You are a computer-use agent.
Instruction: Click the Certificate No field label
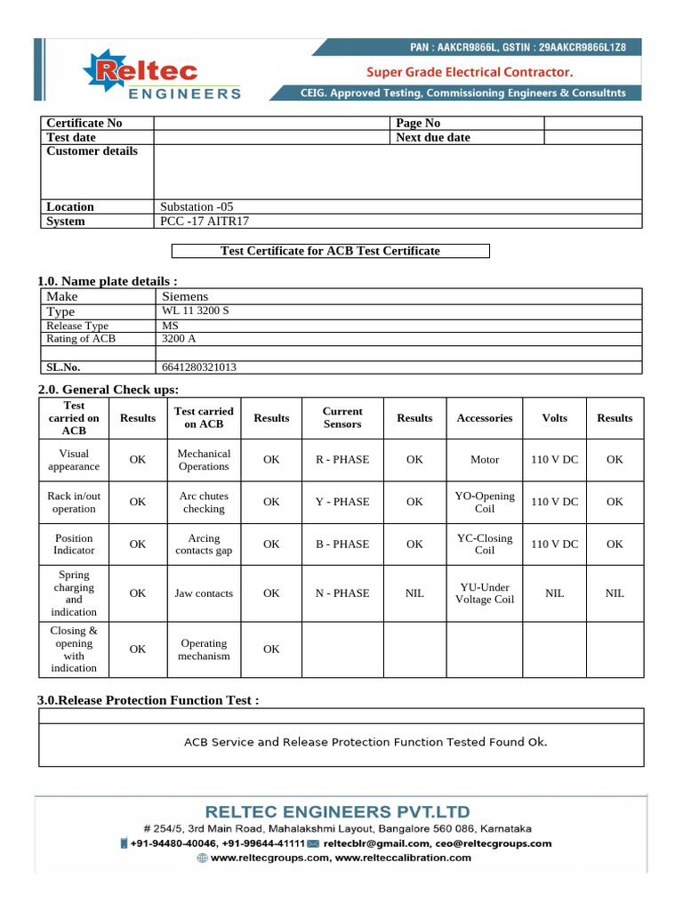(84, 123)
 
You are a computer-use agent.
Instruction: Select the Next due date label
(433, 137)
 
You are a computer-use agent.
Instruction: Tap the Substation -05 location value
(197, 206)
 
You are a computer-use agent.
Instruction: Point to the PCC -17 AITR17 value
(205, 221)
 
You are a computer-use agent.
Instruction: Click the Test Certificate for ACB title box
(330, 251)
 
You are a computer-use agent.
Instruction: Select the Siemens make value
(185, 295)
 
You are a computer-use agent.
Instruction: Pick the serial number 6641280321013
(199, 367)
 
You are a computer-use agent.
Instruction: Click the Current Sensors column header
(342, 417)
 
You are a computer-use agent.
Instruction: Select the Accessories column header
(485, 417)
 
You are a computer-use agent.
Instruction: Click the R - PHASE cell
(342, 460)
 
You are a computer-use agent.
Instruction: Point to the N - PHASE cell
(342, 593)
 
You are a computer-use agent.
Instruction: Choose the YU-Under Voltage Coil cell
(485, 593)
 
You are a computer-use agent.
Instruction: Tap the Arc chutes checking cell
(204, 503)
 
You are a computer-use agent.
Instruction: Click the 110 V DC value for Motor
(554, 460)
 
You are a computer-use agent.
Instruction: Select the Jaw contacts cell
(204, 593)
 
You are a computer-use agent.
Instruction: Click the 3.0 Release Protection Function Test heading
(149, 700)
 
